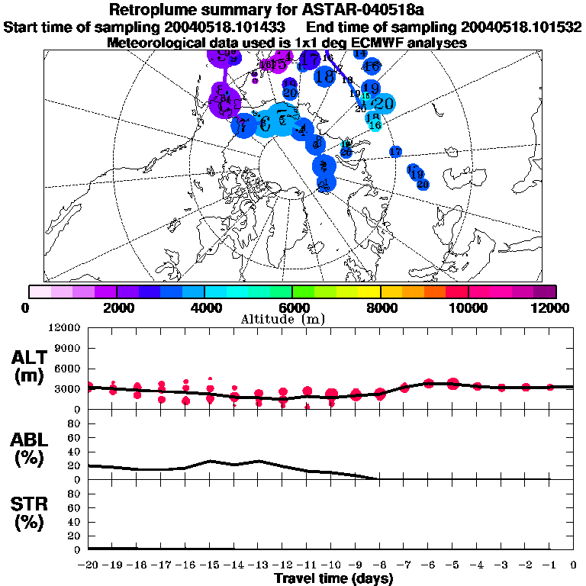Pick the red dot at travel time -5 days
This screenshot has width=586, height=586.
pyautogui.click(x=453, y=383)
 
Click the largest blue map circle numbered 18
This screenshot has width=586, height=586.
pyautogui.click(x=324, y=76)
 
